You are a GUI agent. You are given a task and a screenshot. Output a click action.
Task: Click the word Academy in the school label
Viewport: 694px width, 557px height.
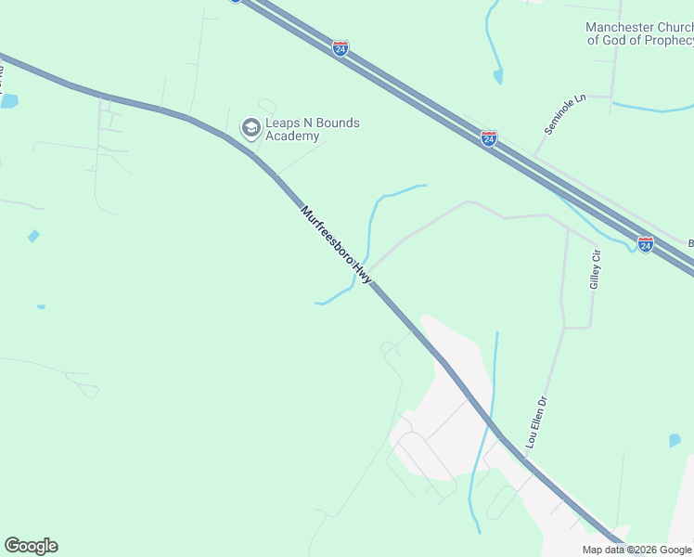click(292, 136)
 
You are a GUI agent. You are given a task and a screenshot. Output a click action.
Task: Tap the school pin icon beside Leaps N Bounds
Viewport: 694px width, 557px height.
click(250, 128)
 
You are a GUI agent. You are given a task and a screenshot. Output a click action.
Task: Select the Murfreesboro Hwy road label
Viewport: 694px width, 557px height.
click(336, 245)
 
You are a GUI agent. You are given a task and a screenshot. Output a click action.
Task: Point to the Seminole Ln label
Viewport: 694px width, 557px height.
click(566, 114)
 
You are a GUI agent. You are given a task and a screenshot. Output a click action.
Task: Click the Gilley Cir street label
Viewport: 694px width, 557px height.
click(596, 269)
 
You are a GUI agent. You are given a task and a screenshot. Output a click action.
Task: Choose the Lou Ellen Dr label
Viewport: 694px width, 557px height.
click(538, 423)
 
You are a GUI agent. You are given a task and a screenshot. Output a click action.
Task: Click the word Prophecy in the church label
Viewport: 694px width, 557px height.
click(669, 41)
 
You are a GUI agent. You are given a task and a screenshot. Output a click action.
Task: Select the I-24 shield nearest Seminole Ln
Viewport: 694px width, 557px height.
click(489, 138)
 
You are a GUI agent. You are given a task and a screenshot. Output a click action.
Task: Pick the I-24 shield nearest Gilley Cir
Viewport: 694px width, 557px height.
click(645, 244)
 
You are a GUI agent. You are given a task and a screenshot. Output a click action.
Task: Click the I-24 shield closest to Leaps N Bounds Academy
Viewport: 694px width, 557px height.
click(341, 48)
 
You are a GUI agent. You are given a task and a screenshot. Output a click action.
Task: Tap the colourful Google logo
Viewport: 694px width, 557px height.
click(31, 546)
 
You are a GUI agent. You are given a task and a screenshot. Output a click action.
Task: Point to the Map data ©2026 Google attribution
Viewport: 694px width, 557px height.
click(636, 550)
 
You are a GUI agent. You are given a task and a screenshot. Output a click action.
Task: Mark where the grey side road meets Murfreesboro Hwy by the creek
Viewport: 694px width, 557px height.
click(371, 279)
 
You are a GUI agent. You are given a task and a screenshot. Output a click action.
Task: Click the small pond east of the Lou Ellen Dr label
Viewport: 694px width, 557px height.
click(675, 439)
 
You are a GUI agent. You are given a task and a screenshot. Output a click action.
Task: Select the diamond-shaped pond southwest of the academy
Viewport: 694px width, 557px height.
click(33, 236)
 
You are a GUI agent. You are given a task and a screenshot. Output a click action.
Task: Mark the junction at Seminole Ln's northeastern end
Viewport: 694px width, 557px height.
click(610, 96)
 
